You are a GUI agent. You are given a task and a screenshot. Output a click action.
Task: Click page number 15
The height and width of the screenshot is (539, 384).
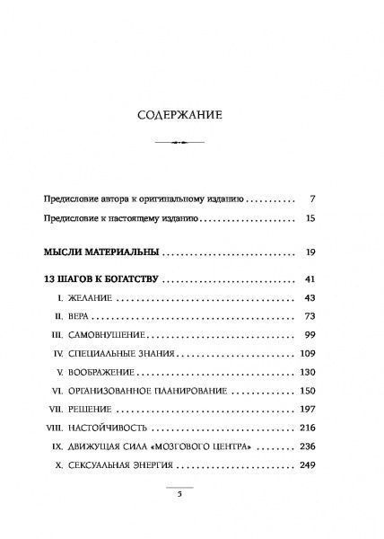333,218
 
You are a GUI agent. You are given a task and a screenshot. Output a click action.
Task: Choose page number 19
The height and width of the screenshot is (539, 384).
333,252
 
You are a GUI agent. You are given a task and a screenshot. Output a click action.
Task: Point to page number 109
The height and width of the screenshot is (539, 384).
330,367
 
